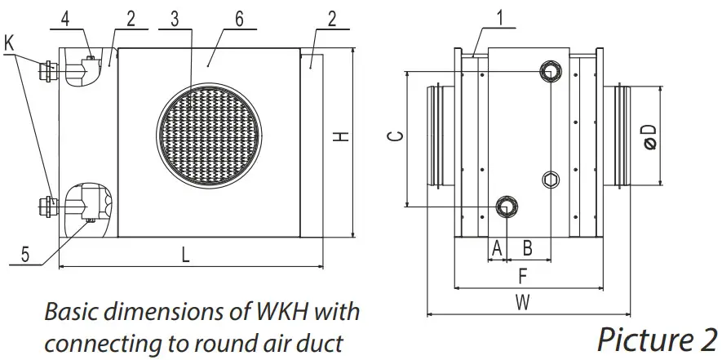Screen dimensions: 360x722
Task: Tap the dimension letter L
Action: (186, 255)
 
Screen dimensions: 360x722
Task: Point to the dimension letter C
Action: (393, 137)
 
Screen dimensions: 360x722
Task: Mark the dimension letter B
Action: (528, 247)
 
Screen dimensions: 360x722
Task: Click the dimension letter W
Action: (523, 302)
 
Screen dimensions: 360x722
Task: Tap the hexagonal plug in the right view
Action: (551, 178)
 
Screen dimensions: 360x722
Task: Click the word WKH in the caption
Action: (283, 313)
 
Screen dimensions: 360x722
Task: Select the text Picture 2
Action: (656, 336)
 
